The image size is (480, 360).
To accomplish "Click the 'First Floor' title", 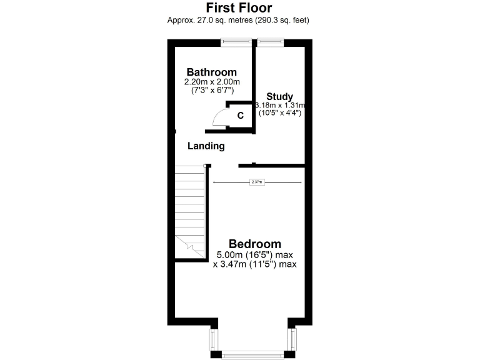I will click(239, 7).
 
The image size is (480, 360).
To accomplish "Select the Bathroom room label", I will click(211, 72).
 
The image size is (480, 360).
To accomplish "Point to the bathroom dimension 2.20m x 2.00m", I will click(211, 82).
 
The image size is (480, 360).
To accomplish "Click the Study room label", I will click(279, 96).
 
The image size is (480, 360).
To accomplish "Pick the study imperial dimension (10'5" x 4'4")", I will click(279, 114).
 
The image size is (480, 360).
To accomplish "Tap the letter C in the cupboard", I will click(240, 116).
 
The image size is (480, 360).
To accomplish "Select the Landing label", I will click(206, 146).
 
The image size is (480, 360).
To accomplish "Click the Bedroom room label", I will click(254, 244).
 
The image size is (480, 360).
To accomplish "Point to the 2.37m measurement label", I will click(257, 182).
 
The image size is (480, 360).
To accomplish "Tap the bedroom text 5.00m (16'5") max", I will click(254, 255).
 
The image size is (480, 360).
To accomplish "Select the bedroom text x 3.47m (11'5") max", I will click(254, 264).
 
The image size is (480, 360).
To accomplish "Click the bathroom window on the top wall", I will click(236, 42).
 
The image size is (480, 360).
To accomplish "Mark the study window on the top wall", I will click(270, 42).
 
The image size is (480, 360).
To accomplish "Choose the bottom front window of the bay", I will click(252, 355).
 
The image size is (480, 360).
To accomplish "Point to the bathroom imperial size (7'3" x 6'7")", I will click(211, 91).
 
